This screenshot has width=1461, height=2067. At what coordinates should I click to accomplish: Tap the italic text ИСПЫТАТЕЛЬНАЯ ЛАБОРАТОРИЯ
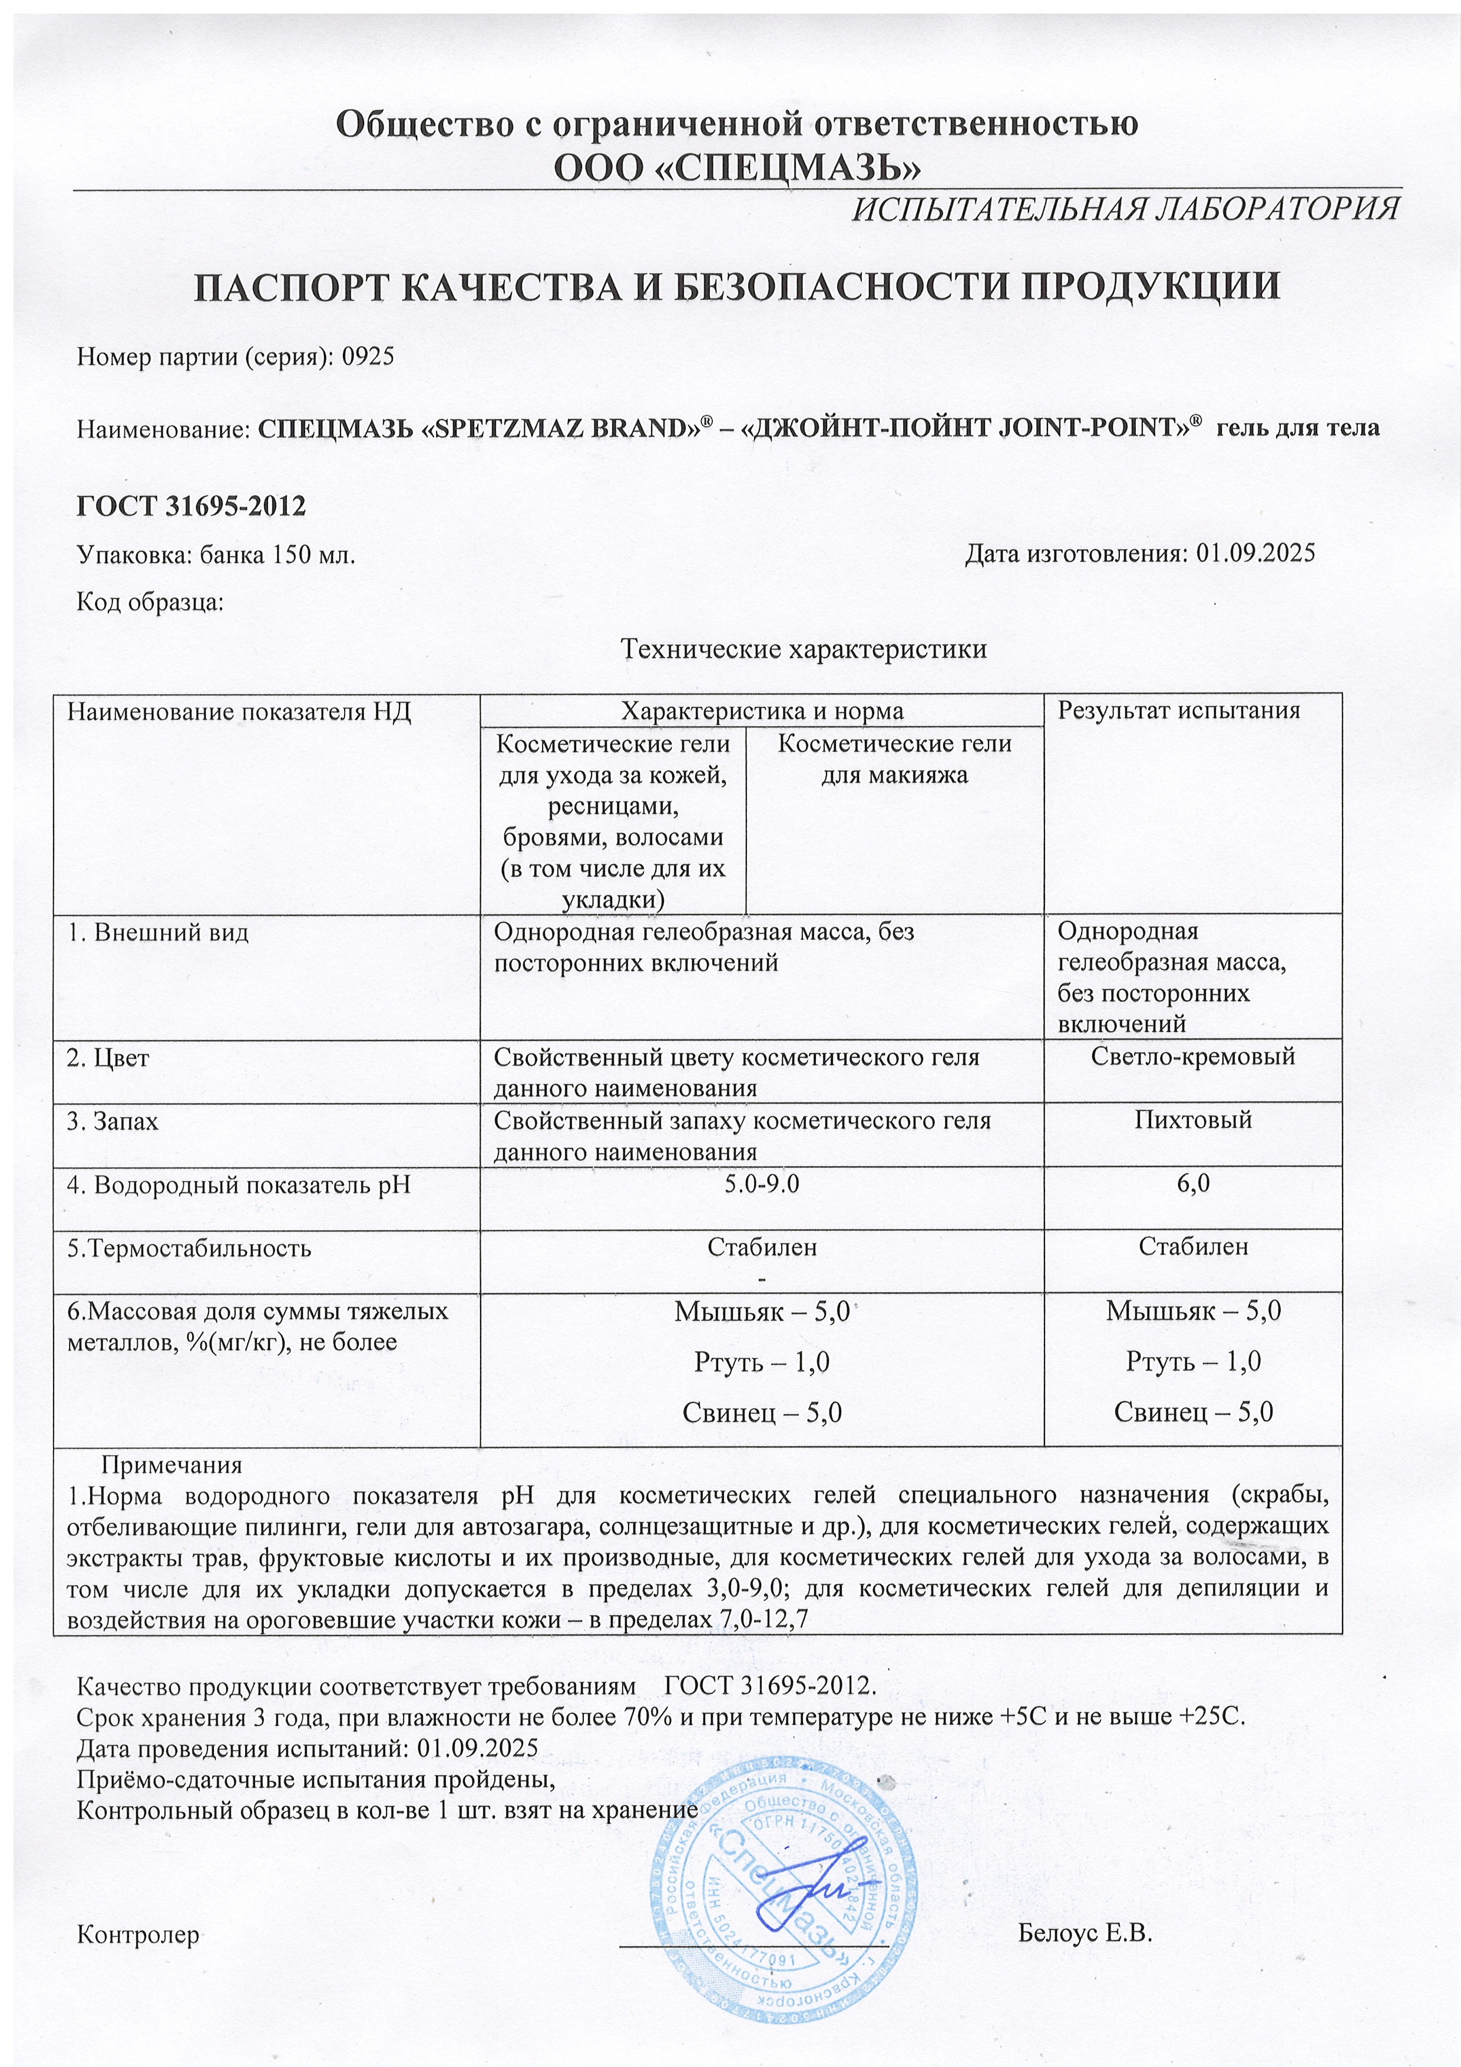click(1125, 209)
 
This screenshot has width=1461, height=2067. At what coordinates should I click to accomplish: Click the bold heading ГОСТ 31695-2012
click(191, 506)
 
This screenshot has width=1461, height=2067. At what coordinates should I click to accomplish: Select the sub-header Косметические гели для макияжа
click(894, 759)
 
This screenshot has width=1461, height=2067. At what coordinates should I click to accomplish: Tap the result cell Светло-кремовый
click(1193, 1056)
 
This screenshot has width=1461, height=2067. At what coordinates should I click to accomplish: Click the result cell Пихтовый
click(1193, 1120)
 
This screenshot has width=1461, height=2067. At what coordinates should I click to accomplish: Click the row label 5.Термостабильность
click(189, 1248)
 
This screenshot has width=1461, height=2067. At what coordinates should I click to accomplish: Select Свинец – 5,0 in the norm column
click(762, 1412)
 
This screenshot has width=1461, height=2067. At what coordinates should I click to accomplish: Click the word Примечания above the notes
click(171, 1465)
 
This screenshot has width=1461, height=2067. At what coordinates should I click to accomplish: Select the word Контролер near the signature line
click(138, 1934)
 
